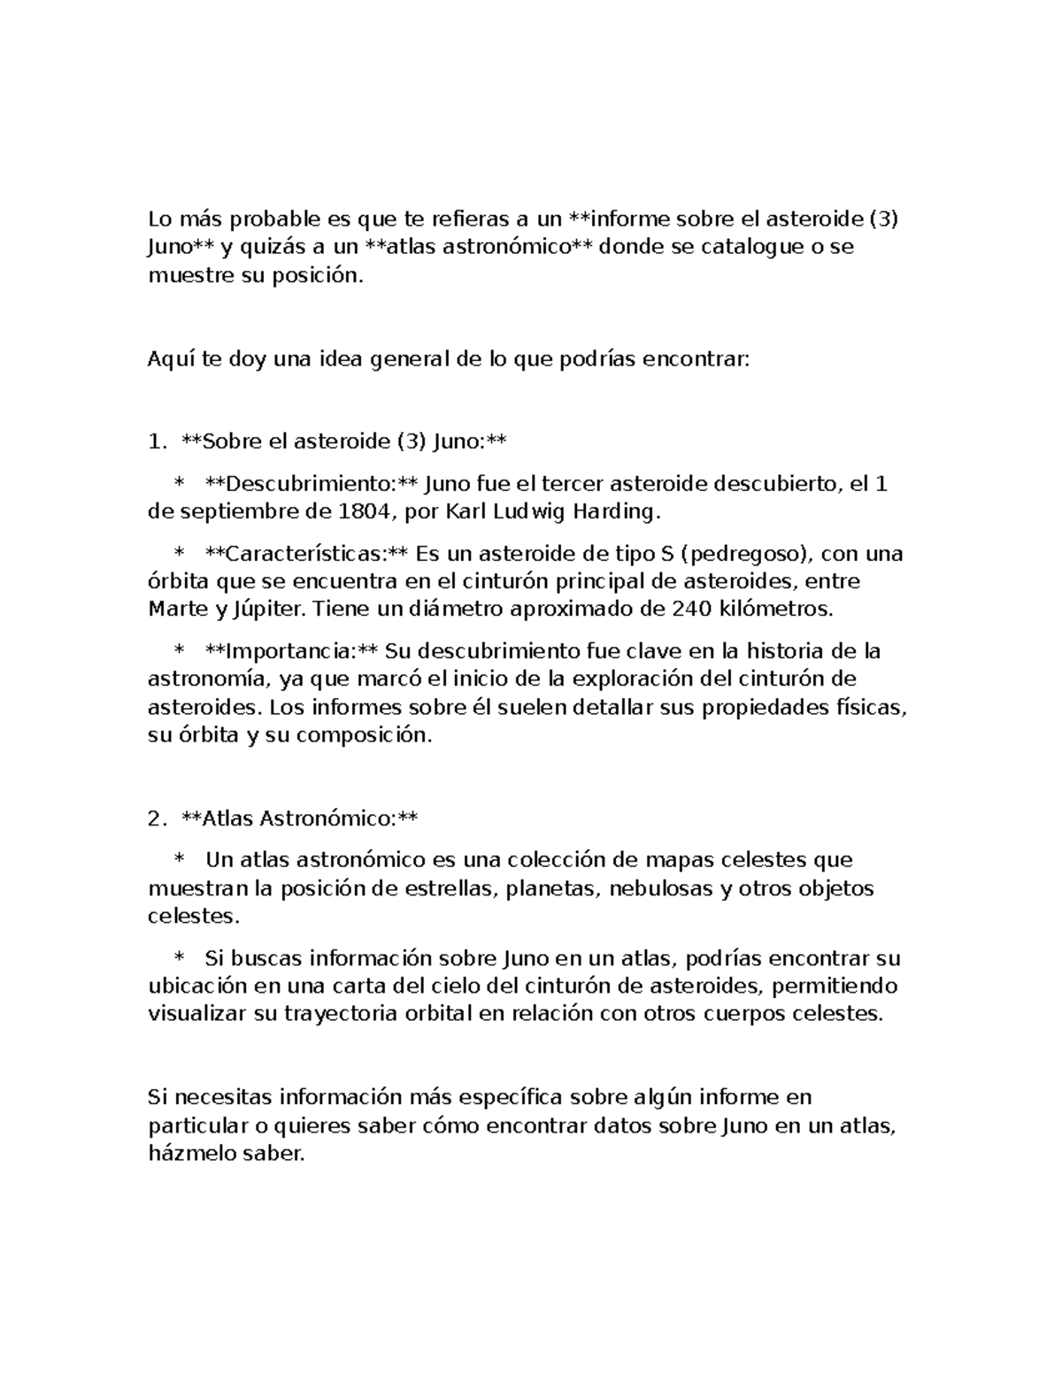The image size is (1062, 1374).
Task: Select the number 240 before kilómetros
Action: [x=691, y=609]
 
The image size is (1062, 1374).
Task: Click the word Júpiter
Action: [x=266, y=609]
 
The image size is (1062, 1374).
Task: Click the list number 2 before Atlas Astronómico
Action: [x=155, y=818]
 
